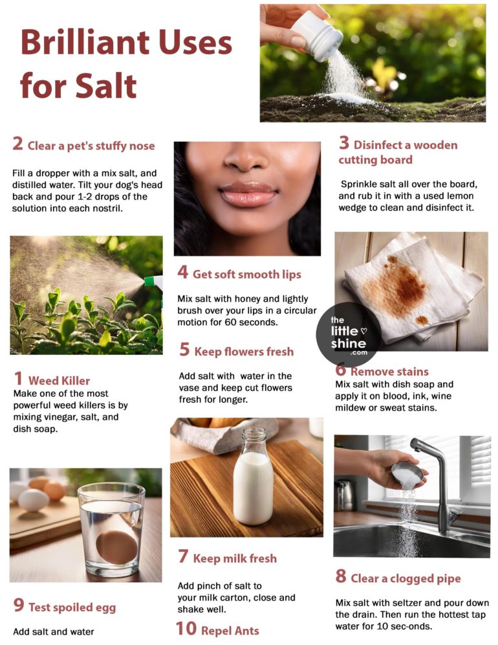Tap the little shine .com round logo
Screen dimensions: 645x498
[348, 334]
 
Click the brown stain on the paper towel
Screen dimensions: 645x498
[395, 285]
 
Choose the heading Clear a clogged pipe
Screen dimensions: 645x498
[406, 578]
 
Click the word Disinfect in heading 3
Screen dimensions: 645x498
[378, 144]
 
